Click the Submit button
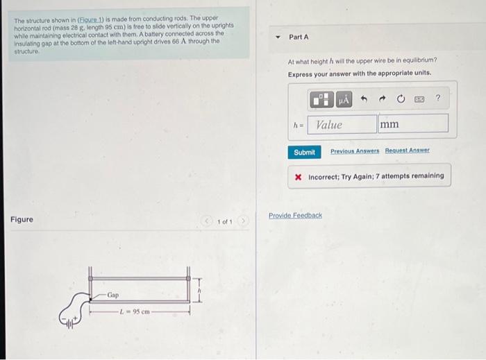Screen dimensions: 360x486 (304, 152)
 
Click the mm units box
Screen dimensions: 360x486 (412, 125)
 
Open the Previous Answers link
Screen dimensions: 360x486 (353, 151)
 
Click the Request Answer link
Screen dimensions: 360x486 (408, 151)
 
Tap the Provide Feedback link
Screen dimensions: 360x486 (295, 216)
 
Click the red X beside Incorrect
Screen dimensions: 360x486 (298, 176)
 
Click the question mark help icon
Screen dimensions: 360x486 (437, 99)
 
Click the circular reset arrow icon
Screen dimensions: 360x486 (401, 99)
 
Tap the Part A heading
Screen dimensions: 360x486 (299, 37)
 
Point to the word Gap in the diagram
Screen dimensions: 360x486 (112, 295)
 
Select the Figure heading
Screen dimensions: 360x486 (22, 220)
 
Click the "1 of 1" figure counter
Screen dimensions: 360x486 (224, 221)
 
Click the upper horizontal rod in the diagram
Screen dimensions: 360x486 (139, 277)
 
